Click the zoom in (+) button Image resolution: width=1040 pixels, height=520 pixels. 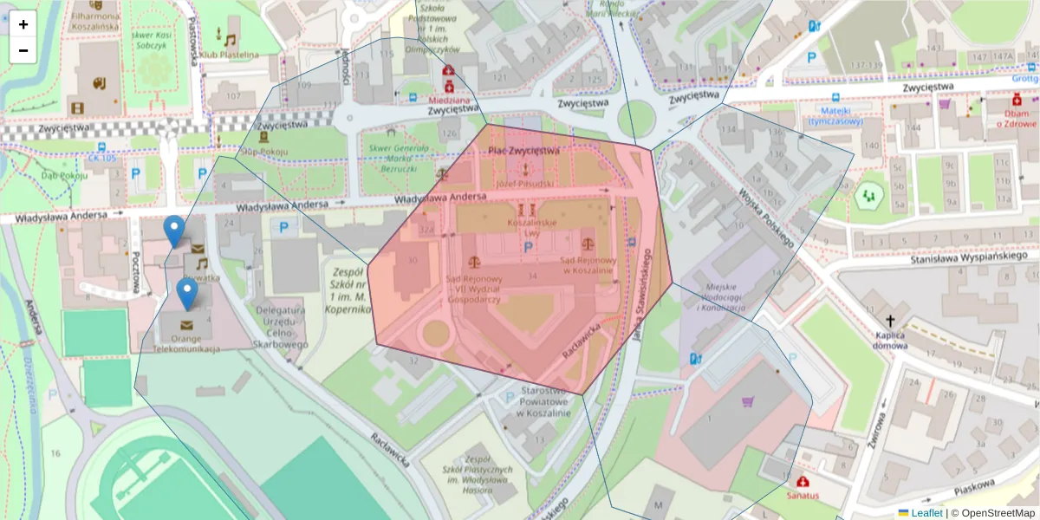point(23,24)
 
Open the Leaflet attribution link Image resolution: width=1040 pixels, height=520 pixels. point(926,513)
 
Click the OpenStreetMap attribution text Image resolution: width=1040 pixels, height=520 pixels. point(993,513)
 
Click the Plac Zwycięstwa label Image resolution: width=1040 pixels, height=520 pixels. point(523,151)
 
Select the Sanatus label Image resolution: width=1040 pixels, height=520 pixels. point(803,496)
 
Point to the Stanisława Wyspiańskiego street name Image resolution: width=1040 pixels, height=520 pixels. point(963,259)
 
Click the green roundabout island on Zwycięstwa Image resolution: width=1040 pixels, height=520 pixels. point(636,115)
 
